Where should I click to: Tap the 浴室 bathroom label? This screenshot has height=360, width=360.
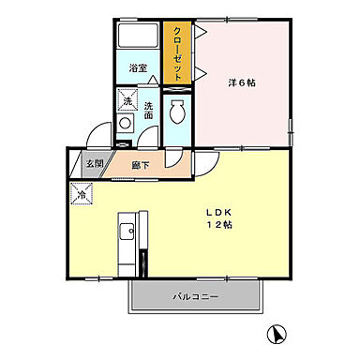tap(137, 68)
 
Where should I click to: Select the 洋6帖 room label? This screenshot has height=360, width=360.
tap(241, 82)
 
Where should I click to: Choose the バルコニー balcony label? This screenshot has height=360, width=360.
tap(194, 296)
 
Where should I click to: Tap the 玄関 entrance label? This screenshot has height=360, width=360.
tap(95, 165)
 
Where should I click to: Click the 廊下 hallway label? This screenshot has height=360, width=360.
tap(139, 165)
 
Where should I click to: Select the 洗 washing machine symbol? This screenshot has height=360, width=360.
tap(126, 100)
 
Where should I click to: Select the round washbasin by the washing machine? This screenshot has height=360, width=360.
tap(125, 124)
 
